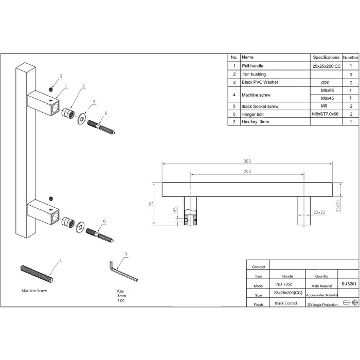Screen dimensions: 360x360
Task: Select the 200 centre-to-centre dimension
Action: (x=247, y=171)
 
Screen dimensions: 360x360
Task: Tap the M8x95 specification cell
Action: (x=325, y=90)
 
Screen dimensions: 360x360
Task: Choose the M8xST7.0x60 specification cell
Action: (x=325, y=114)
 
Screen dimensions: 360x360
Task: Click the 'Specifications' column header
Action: (x=326, y=58)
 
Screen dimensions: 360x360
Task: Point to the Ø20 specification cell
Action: (x=325, y=82)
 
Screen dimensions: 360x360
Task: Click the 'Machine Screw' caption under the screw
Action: (x=34, y=291)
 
